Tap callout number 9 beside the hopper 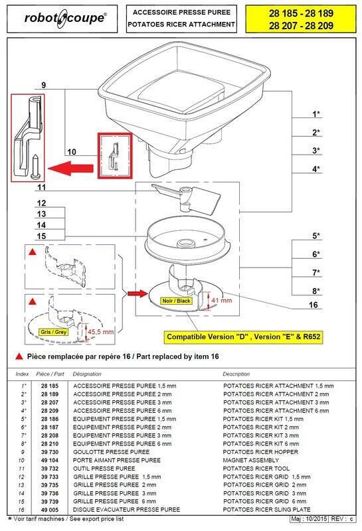tap(43, 86)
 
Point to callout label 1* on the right tap(317, 114)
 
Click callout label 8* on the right tap(317, 291)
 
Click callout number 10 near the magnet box tap(72, 151)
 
